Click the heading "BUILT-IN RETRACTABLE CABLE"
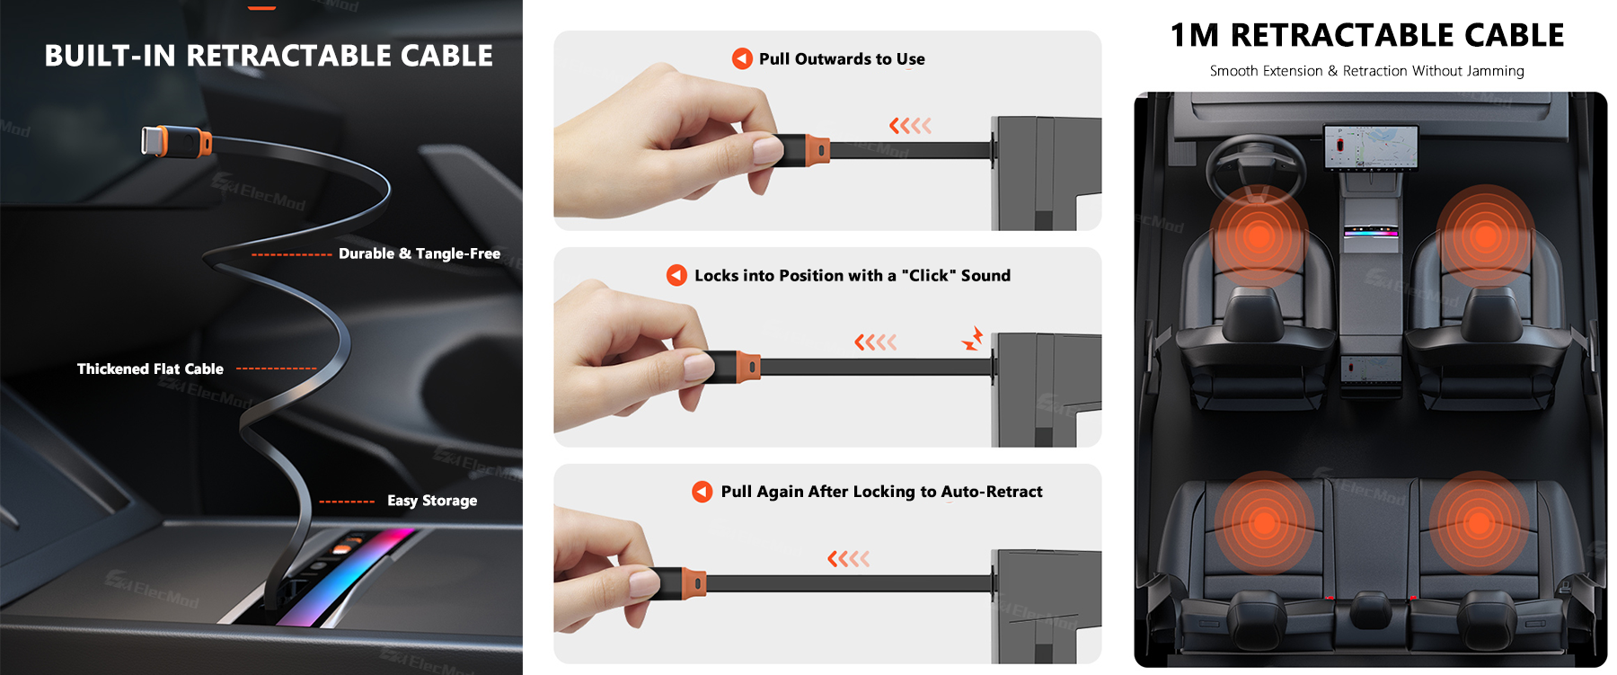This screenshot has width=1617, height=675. pyautogui.click(x=269, y=56)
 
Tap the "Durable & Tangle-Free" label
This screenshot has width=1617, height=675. pyautogui.click(x=420, y=253)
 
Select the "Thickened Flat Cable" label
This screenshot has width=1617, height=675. pyautogui.click(x=150, y=369)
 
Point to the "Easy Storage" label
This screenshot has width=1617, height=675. pyautogui.click(x=432, y=501)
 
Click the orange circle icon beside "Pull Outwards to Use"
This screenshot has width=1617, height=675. pyautogui.click(x=742, y=58)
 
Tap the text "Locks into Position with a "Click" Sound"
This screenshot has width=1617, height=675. pyautogui.click(x=853, y=275)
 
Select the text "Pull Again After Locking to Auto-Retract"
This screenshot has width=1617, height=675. pyautogui.click(x=882, y=492)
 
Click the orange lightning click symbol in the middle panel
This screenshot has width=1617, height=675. pyautogui.click(x=973, y=339)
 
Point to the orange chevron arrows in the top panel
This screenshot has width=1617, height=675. pyautogui.click(x=910, y=126)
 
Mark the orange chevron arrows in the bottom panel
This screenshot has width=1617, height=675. pyautogui.click(x=849, y=559)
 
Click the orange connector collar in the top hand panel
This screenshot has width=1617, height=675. pyautogui.click(x=817, y=150)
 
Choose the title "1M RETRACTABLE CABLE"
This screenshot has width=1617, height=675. pyautogui.click(x=1367, y=35)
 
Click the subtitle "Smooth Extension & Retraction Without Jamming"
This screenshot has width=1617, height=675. pyautogui.click(x=1367, y=71)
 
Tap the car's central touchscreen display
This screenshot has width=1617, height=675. pyautogui.click(x=1371, y=147)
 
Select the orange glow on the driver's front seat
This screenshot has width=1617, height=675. pyautogui.click(x=1259, y=235)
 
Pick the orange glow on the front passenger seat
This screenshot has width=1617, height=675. pyautogui.click(x=1485, y=235)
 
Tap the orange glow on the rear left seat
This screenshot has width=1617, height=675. pyautogui.click(x=1264, y=522)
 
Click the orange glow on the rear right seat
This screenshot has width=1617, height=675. pyautogui.click(x=1479, y=522)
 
